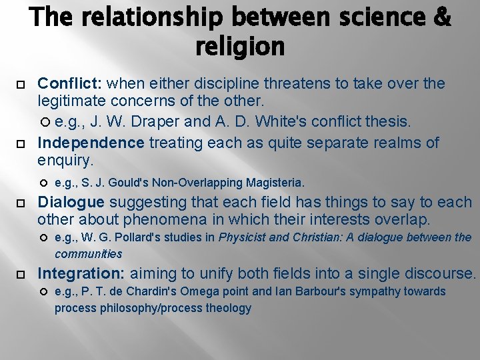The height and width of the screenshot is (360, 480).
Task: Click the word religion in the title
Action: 240,47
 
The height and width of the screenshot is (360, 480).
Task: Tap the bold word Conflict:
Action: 70,83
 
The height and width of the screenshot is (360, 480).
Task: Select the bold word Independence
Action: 91,143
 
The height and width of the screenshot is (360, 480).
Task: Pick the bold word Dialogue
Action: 71,202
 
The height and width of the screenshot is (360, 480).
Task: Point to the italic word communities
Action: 89,254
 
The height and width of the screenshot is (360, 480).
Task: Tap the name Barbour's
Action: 347,291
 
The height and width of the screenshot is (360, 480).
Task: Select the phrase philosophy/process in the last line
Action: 147,308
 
